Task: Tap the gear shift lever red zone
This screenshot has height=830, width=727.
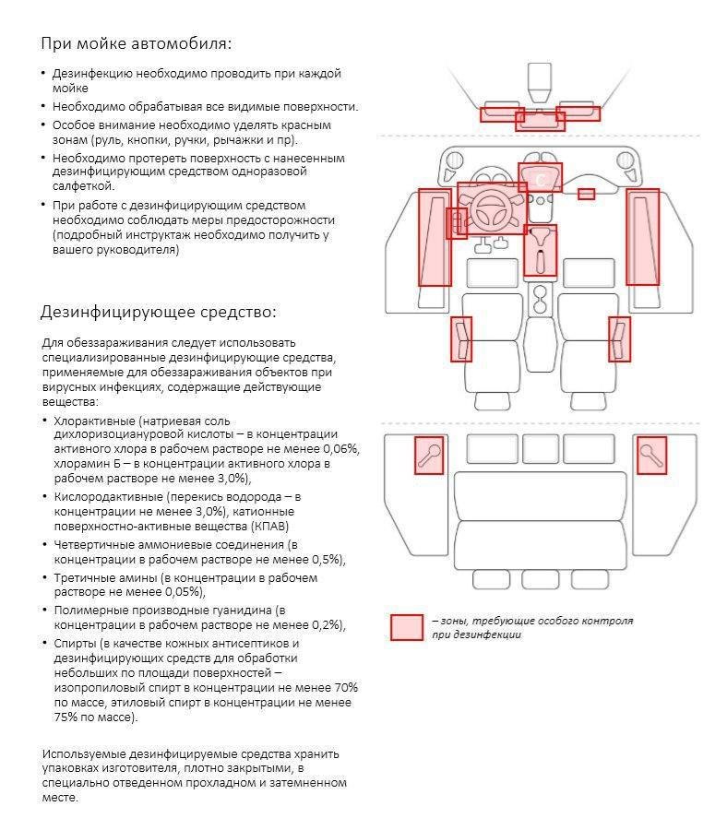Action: (x=541, y=250)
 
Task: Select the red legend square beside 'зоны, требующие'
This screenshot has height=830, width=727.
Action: (x=406, y=627)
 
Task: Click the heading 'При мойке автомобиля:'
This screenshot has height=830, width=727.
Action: (x=136, y=43)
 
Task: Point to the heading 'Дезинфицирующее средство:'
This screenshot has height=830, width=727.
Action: (x=158, y=311)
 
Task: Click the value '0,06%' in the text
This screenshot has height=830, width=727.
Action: (x=339, y=449)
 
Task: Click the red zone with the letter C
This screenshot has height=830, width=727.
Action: (x=540, y=177)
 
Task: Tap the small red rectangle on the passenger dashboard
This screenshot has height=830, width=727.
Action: (x=586, y=194)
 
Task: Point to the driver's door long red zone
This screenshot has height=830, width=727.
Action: (x=435, y=237)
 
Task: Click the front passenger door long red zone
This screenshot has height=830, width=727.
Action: (x=643, y=237)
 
